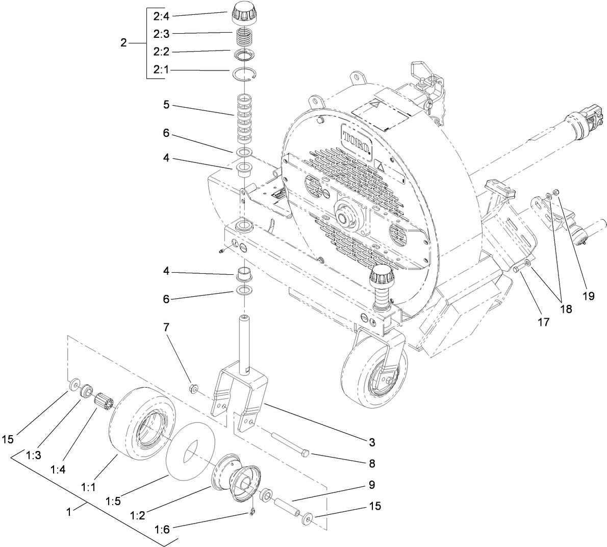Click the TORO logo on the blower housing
[x=356, y=138]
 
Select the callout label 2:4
[x=162, y=16]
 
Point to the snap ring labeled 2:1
[x=244, y=75]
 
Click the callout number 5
[x=167, y=106]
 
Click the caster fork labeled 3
[x=240, y=393]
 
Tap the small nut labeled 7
[x=194, y=389]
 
